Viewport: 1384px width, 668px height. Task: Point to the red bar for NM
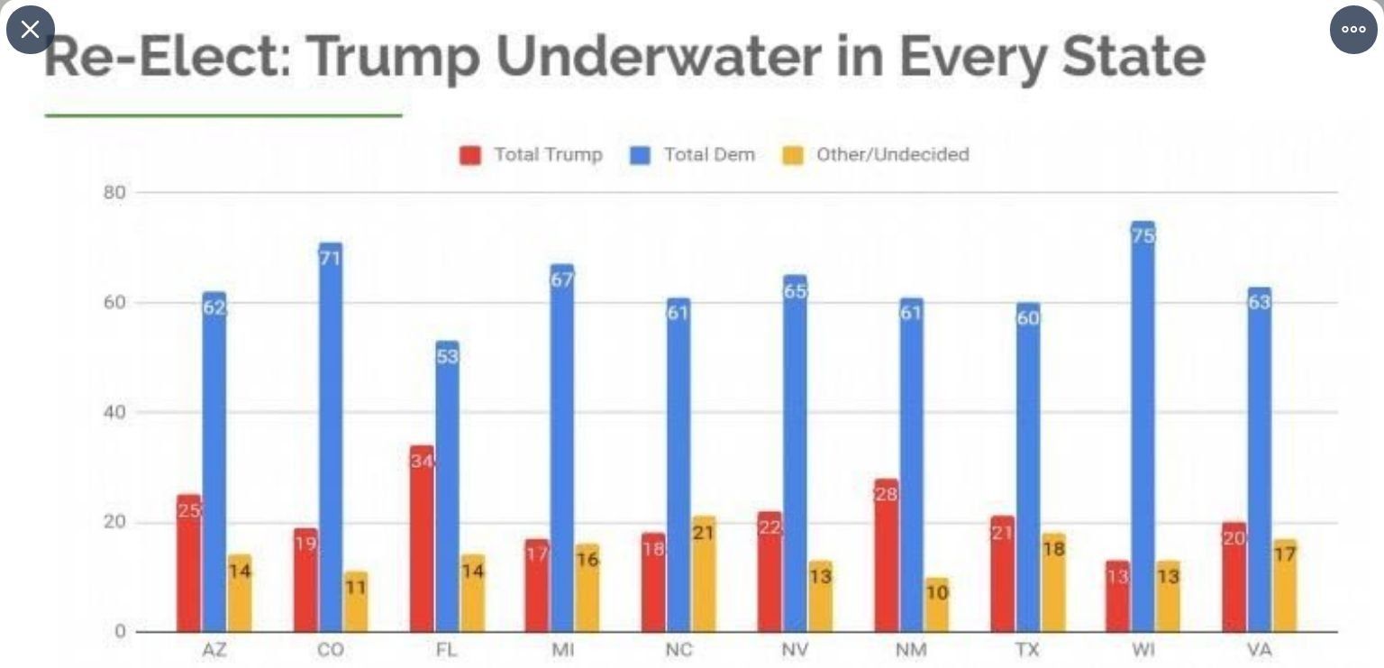[x=887, y=554]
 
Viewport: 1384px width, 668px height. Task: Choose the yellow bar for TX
[x=1053, y=581]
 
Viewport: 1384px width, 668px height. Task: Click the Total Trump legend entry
[x=532, y=155]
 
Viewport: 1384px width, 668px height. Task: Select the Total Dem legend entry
[x=693, y=155]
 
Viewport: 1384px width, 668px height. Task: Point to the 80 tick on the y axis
[x=114, y=192]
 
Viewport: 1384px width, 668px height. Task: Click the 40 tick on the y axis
[x=114, y=413]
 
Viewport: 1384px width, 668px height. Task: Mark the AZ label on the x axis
[x=214, y=650]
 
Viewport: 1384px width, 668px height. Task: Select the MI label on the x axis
[x=562, y=650]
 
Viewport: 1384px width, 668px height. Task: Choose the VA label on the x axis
[x=1259, y=650]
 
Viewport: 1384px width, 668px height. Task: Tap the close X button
[x=30, y=30]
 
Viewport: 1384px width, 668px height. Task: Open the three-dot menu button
[x=1353, y=30]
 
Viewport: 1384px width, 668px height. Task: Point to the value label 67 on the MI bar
[x=562, y=280]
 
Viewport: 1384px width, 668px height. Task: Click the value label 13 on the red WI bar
[x=1117, y=577]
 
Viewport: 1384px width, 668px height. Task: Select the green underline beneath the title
[x=223, y=115]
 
